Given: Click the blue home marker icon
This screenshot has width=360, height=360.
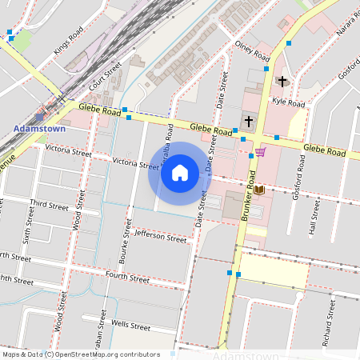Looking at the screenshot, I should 180,173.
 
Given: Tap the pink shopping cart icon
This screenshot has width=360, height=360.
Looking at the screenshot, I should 260,152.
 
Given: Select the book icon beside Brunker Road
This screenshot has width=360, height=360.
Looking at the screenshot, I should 259,190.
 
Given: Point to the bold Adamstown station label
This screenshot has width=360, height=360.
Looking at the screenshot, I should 40,128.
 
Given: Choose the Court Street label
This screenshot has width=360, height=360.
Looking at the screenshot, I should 105,75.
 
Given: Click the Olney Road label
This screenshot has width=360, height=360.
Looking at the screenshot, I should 253,52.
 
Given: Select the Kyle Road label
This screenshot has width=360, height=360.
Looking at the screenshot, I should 289,103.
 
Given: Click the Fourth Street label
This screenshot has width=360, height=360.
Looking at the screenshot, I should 128,277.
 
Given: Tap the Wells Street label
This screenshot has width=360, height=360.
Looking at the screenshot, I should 131,326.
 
